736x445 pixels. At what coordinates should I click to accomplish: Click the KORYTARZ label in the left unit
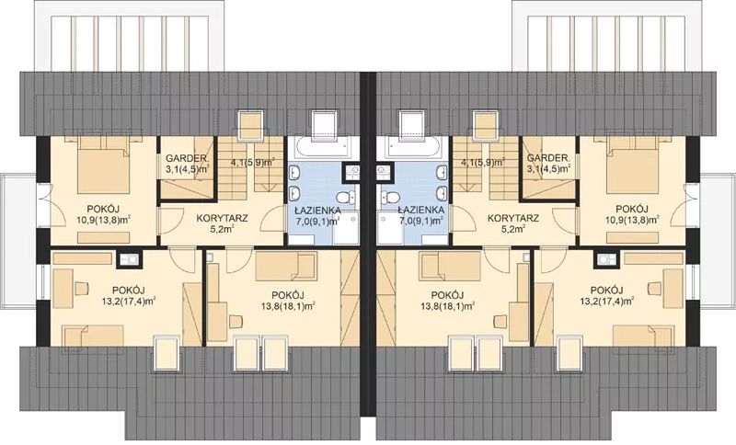222,218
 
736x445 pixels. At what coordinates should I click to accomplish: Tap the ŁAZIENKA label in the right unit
420,210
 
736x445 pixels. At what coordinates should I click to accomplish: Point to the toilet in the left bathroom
348,198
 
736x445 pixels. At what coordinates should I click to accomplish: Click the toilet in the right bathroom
388,198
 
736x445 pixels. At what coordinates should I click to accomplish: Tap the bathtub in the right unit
413,148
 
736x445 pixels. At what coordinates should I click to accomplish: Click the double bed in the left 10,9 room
103,165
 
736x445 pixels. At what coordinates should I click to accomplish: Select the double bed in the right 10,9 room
632,165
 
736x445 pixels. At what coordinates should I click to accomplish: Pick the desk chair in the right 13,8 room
501,322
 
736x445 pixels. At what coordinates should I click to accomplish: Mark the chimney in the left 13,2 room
129,259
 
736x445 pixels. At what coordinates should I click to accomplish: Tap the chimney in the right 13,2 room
607,259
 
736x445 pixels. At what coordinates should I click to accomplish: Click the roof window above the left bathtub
324,124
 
